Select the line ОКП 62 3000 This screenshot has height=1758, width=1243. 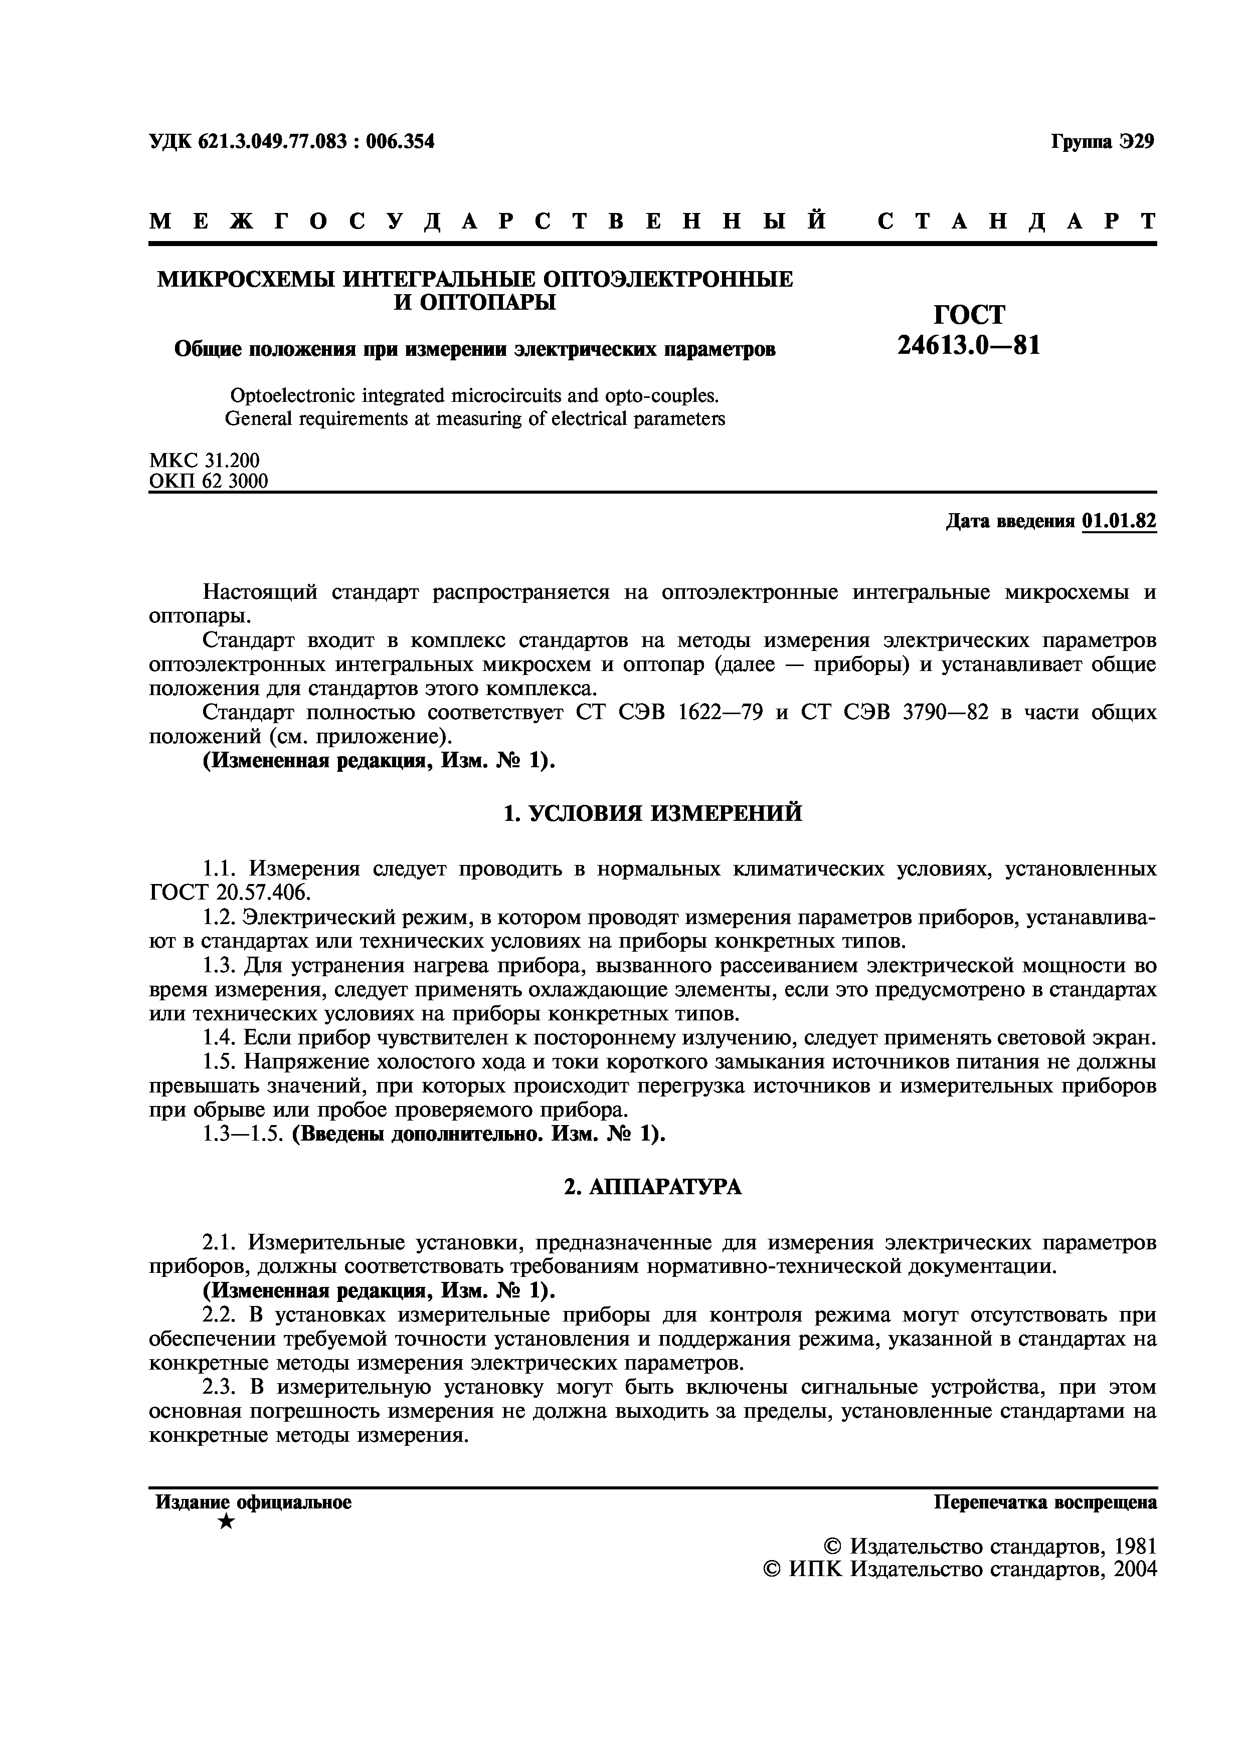click(208, 482)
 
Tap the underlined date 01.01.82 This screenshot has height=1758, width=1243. click(1119, 521)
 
